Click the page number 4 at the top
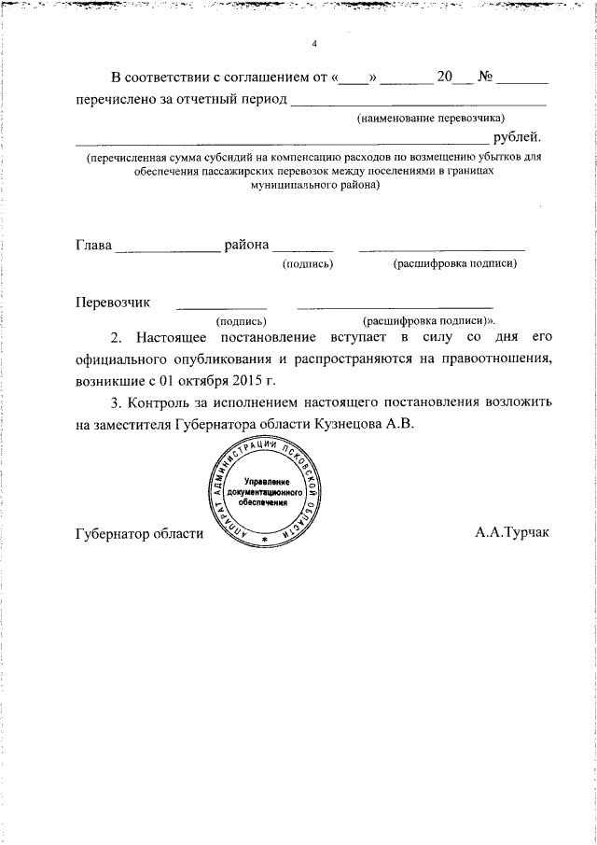click(314, 44)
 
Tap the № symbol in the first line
click(486, 76)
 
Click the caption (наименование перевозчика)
click(430, 119)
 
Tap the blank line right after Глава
click(166, 249)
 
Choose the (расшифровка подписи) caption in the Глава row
click(454, 264)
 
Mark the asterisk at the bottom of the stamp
click(265, 541)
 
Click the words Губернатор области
click(138, 533)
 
